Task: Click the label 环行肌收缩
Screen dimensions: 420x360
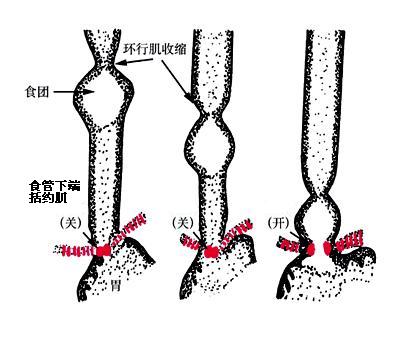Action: coord(155,49)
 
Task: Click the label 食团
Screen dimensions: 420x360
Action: coord(37,91)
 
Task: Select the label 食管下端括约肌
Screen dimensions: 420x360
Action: coord(55,192)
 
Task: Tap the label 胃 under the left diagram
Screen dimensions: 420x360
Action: coord(115,285)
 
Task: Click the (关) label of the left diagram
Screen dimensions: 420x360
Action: coord(71,223)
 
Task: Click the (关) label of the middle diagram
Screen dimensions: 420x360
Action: coord(183,223)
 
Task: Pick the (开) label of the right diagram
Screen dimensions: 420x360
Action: coord(279,223)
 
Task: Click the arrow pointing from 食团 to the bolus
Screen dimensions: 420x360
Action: coord(74,91)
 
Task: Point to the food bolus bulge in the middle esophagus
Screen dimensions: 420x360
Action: coord(210,144)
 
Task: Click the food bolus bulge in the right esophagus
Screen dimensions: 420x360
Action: coord(319,217)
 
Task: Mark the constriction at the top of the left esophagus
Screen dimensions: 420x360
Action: coord(104,63)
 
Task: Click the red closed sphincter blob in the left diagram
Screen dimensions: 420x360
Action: coord(103,250)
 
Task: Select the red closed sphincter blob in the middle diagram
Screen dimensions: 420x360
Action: coord(211,252)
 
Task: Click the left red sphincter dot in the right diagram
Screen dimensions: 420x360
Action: coord(310,249)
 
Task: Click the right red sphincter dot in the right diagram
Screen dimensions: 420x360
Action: coord(328,247)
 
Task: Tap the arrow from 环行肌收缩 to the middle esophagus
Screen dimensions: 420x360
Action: coord(176,81)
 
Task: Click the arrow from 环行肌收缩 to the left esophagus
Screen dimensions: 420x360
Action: coord(134,61)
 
